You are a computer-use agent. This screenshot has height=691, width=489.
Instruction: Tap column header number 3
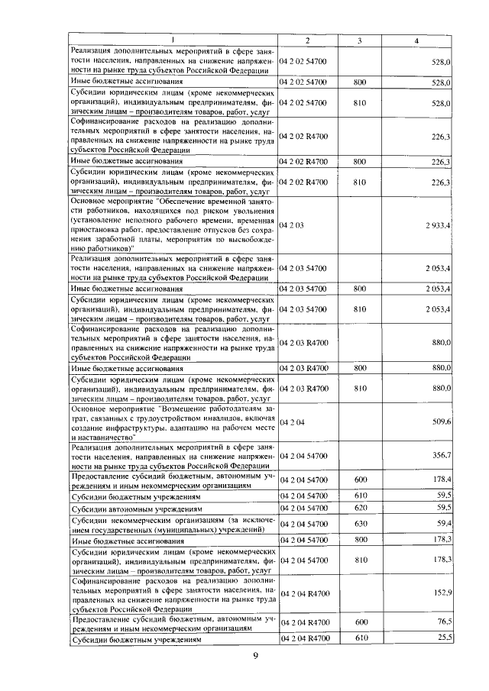point(357,40)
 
